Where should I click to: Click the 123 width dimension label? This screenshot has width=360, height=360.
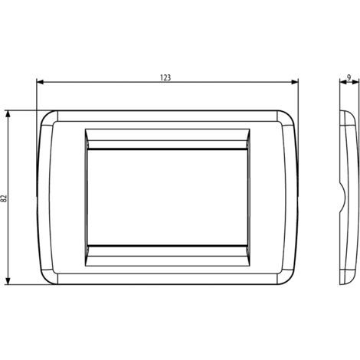pyautogui.click(x=165, y=77)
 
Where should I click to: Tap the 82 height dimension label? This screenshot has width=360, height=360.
pyautogui.click(x=4, y=198)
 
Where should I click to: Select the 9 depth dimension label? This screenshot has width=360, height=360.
pyautogui.click(x=349, y=77)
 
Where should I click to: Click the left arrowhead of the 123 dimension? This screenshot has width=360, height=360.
pyautogui.click(x=40, y=82)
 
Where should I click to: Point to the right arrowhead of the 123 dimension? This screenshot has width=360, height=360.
pyautogui.click(x=295, y=82)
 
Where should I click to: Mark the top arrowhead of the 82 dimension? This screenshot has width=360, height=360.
pyautogui.click(x=8, y=114)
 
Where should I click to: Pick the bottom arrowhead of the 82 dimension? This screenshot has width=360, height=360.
pyautogui.click(x=8, y=281)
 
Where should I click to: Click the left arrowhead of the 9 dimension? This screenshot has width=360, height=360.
pyautogui.click(x=342, y=82)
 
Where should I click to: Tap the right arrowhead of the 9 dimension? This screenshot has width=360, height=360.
pyautogui.click(x=355, y=82)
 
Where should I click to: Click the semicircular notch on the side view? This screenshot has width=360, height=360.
pyautogui.click(x=343, y=198)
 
